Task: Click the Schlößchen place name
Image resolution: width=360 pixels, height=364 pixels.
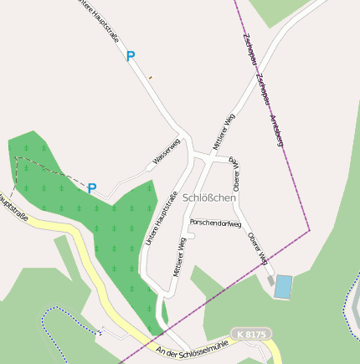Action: (x=211, y=200)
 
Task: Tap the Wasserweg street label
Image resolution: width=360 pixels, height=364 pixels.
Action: (x=166, y=151)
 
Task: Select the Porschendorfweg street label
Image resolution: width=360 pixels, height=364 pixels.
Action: (x=215, y=223)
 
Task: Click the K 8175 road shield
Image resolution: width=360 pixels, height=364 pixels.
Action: (x=250, y=335)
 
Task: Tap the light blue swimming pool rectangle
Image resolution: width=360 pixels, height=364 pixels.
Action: (x=284, y=287)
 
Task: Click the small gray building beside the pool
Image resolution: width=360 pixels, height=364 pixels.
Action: (x=270, y=283)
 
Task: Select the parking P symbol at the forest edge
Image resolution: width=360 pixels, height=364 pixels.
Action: (x=92, y=189)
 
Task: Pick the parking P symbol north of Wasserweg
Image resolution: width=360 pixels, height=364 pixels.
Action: (x=130, y=57)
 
